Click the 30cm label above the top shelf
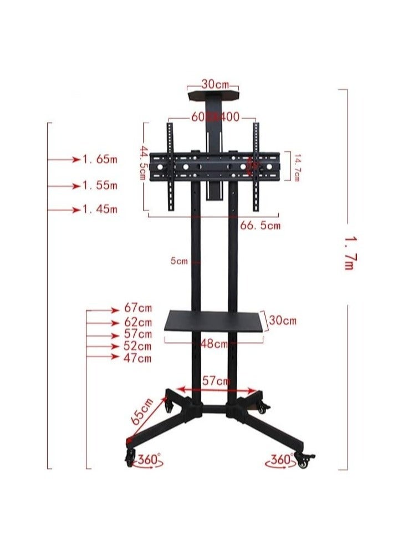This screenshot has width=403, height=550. pos(215,84)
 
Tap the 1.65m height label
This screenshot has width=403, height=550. pos(100,160)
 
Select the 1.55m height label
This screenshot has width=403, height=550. pos(100,185)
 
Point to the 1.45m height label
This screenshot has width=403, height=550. pos(100,210)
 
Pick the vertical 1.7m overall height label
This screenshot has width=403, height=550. pos(348,253)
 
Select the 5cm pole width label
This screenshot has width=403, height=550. pos(178,261)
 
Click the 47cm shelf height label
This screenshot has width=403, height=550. pos(138,358)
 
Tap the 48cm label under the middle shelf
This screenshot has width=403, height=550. pos(214,344)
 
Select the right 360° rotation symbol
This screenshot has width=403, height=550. pos(281,460)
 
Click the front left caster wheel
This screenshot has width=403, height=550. pos(130,457)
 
